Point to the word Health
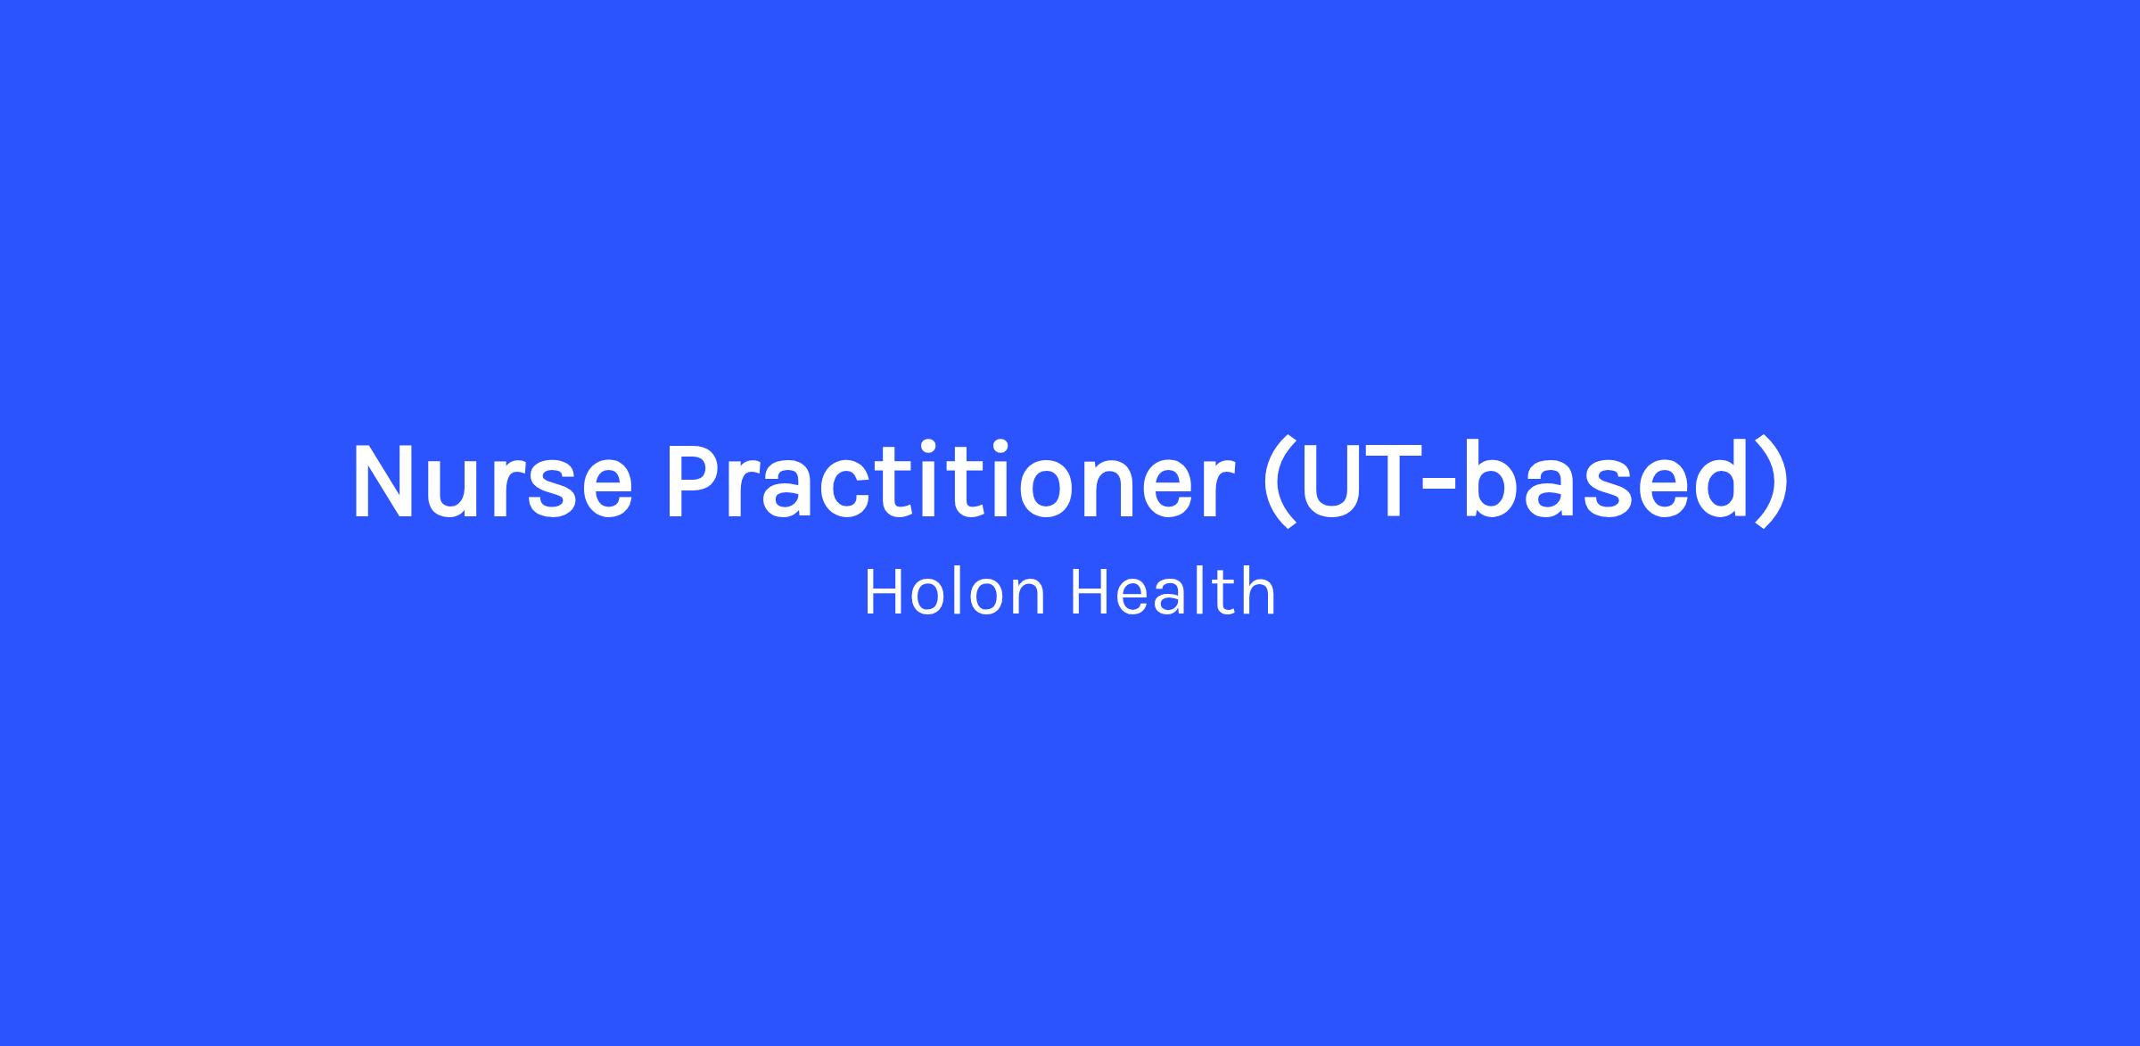click(x=1173, y=592)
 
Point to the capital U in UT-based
click(x=1334, y=481)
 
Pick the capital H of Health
click(x=1091, y=592)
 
